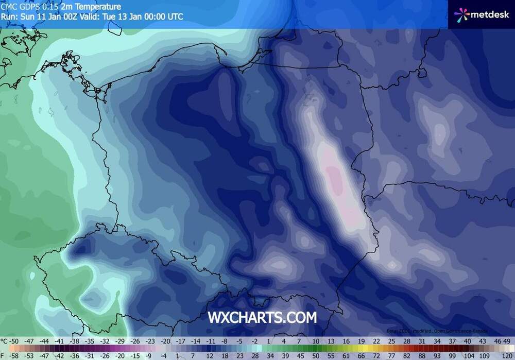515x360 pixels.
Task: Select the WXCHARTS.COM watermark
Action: click(x=262, y=318)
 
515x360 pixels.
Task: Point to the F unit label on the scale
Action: click(x=4, y=355)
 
